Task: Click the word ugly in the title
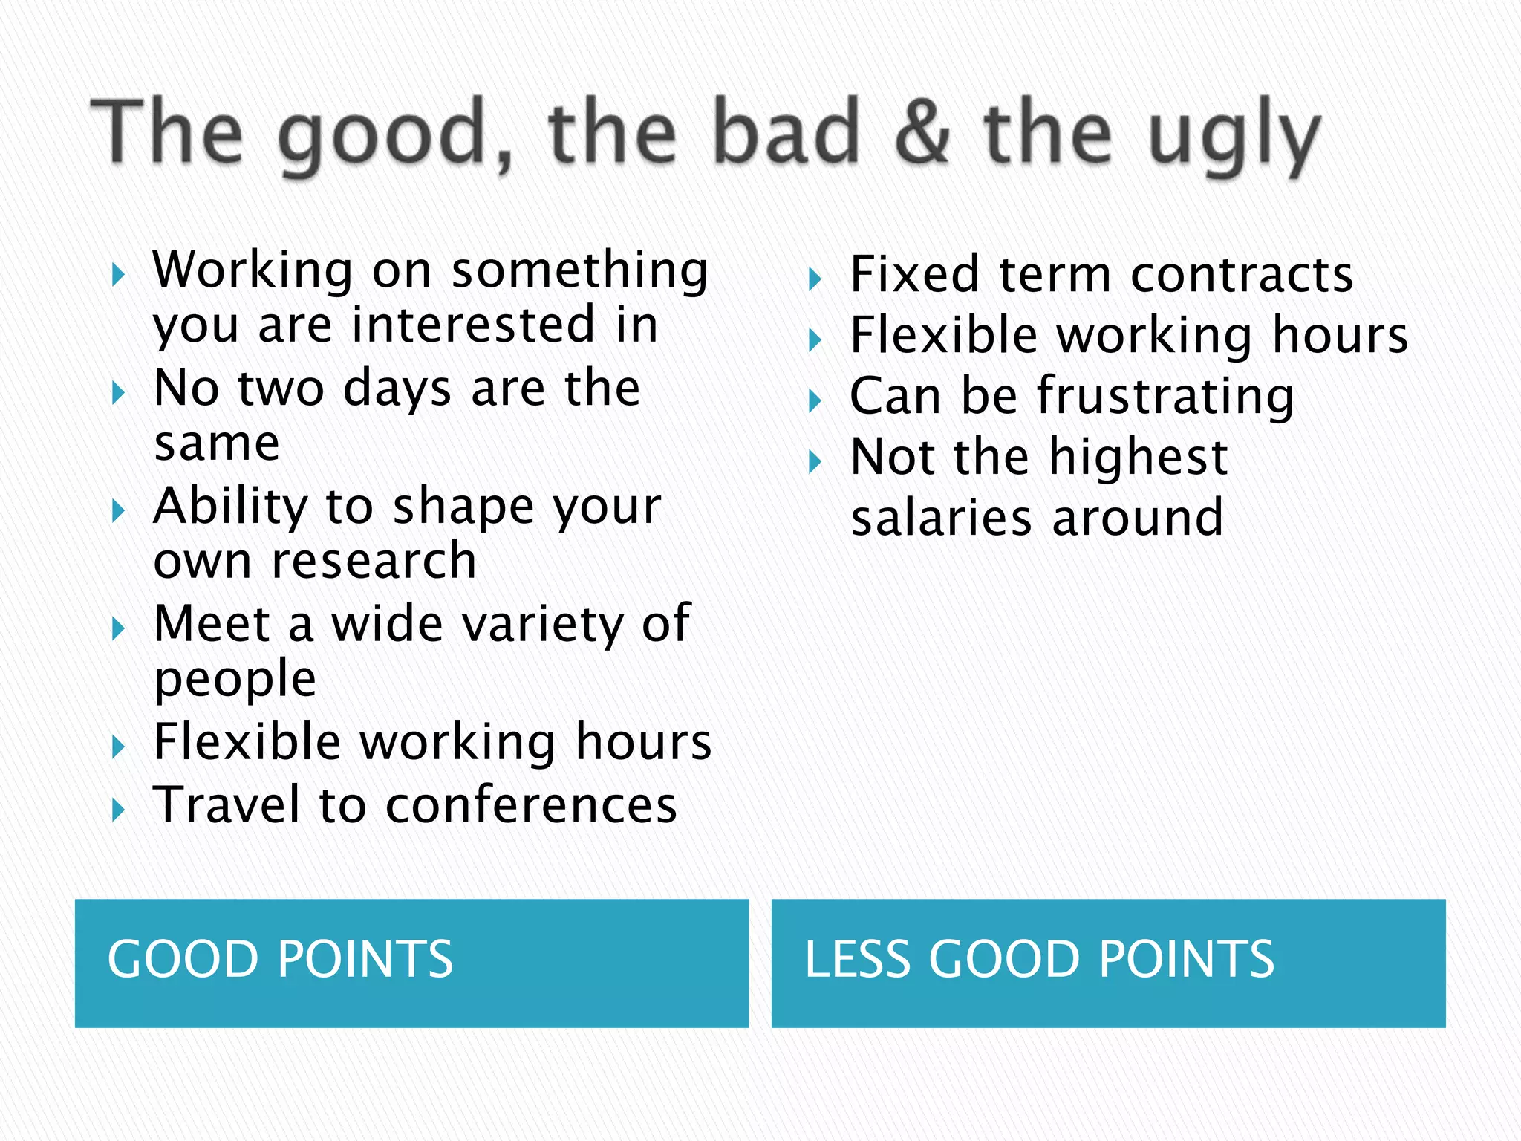pyautogui.click(x=1234, y=137)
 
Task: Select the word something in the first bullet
pyautogui.click(x=580, y=270)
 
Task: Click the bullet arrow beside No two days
pyautogui.click(x=117, y=393)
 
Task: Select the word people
pyautogui.click(x=235, y=680)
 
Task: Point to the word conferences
pyautogui.click(x=531, y=805)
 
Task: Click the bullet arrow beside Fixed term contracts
pyautogui.click(x=815, y=280)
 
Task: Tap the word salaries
pyautogui.click(x=941, y=518)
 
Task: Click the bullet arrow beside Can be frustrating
pyautogui.click(x=815, y=401)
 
